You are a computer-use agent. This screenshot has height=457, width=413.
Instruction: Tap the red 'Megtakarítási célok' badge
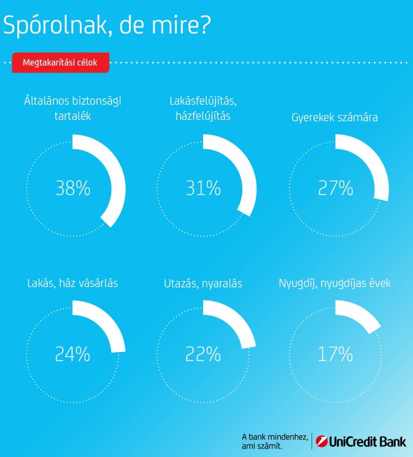(60, 63)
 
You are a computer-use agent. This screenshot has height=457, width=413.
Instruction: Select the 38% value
(73, 188)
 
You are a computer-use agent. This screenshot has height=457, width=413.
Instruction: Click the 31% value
(203, 188)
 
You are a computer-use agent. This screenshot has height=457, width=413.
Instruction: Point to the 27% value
(335, 188)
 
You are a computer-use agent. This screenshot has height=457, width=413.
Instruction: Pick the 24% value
(73, 354)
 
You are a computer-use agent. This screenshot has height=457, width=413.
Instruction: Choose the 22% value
(203, 354)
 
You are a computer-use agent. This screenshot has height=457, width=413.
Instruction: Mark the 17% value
(335, 354)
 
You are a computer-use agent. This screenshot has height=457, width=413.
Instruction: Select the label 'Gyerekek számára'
(334, 118)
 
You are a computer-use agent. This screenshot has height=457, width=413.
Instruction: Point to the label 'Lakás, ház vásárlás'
(73, 284)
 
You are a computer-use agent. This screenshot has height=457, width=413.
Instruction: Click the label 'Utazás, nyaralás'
(203, 284)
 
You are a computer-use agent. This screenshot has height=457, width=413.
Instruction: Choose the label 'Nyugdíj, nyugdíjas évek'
(334, 284)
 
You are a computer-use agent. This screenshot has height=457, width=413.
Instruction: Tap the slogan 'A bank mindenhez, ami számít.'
(274, 441)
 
